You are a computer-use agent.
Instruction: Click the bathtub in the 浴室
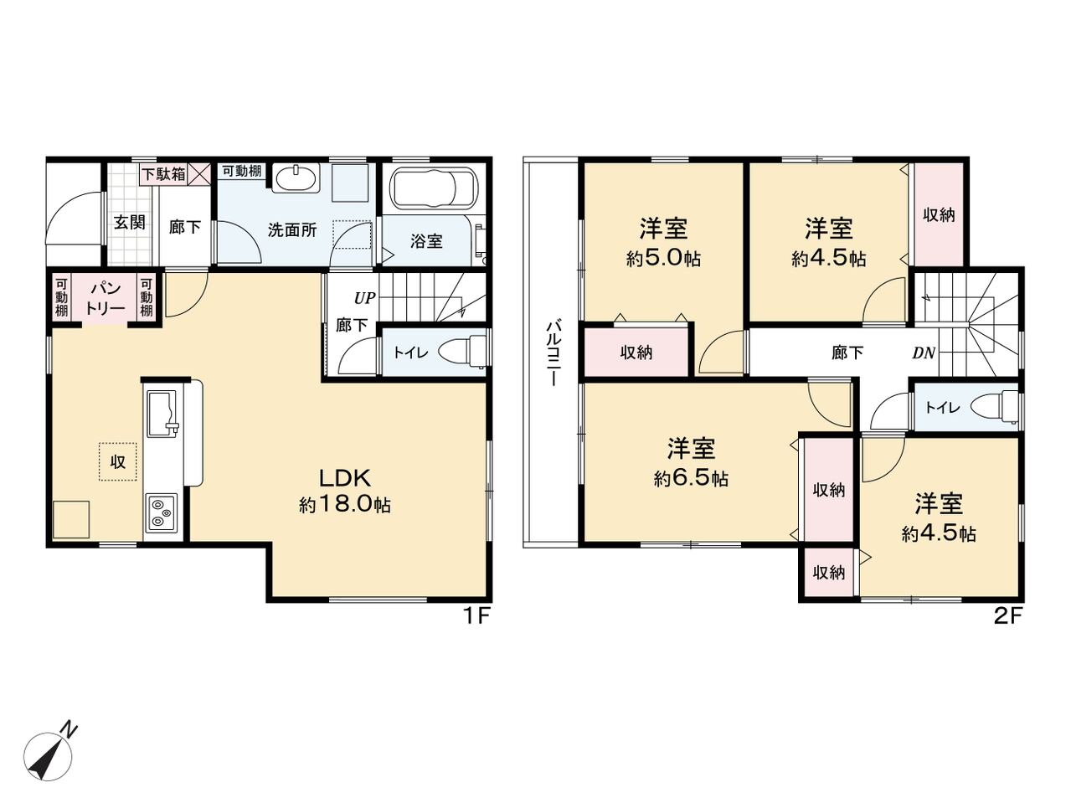click(434, 188)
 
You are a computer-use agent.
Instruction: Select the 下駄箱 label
click(163, 174)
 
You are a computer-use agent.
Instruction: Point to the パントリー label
click(106, 299)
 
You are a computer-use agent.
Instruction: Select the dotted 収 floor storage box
click(117, 461)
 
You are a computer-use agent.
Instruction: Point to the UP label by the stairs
click(364, 298)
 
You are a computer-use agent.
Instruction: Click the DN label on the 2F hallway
click(923, 353)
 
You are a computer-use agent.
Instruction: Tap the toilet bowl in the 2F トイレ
click(992, 407)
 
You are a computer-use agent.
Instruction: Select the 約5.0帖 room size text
click(663, 258)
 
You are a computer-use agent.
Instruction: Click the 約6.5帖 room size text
click(691, 479)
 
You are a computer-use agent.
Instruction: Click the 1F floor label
click(476, 617)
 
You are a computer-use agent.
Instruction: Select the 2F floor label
click(1007, 617)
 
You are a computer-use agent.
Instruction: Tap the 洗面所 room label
click(291, 229)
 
